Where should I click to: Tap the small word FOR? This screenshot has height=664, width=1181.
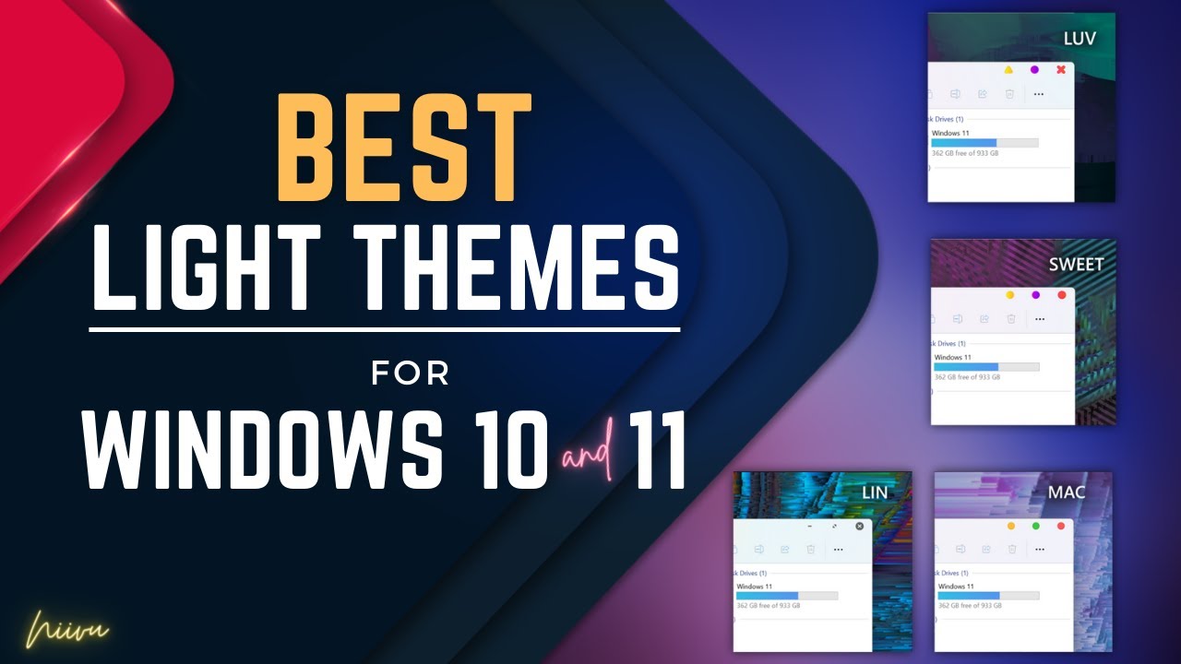pyautogui.click(x=410, y=373)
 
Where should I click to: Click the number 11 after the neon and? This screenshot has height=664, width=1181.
pyautogui.click(x=658, y=452)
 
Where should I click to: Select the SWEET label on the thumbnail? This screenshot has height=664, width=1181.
pyautogui.click(x=1076, y=265)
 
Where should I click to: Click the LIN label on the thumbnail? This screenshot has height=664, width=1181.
pyautogui.click(x=874, y=492)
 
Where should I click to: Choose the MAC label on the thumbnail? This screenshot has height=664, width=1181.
pyautogui.click(x=1067, y=492)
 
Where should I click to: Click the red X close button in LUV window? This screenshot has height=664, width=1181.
pyautogui.click(x=1061, y=70)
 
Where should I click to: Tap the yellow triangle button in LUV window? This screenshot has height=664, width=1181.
pyautogui.click(x=1008, y=70)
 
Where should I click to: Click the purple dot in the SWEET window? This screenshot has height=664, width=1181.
pyautogui.click(x=1035, y=295)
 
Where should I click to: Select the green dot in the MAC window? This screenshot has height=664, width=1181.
pyautogui.click(x=1035, y=526)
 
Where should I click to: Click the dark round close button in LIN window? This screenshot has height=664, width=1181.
pyautogui.click(x=860, y=526)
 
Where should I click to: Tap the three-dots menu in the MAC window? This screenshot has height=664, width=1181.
pyautogui.click(x=1039, y=550)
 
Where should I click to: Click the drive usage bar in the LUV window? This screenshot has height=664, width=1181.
pyautogui.click(x=984, y=143)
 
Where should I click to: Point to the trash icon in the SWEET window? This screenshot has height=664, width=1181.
pyautogui.click(x=1011, y=319)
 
